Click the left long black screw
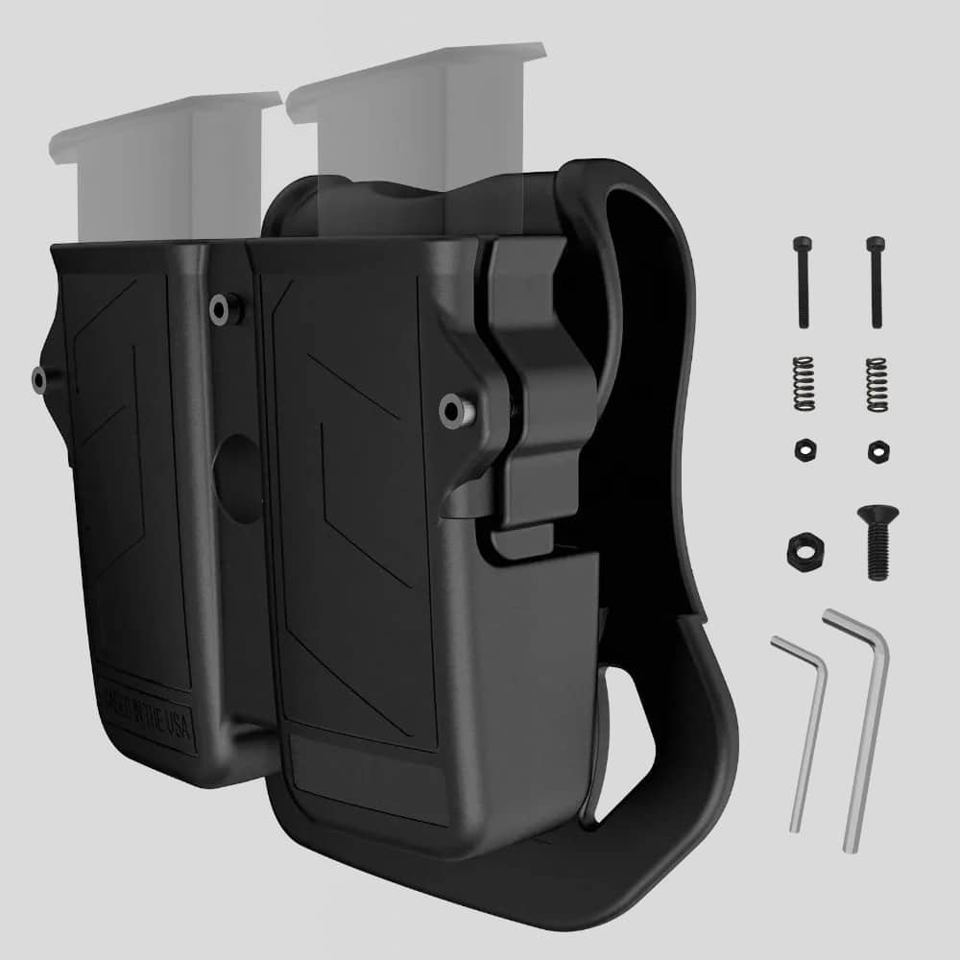[803, 282]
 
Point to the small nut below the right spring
[876, 449]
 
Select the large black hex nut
[801, 549]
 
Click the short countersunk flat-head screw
[876, 542]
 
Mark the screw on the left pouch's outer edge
[40, 378]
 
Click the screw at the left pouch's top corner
[224, 307]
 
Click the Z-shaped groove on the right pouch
[355, 538]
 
